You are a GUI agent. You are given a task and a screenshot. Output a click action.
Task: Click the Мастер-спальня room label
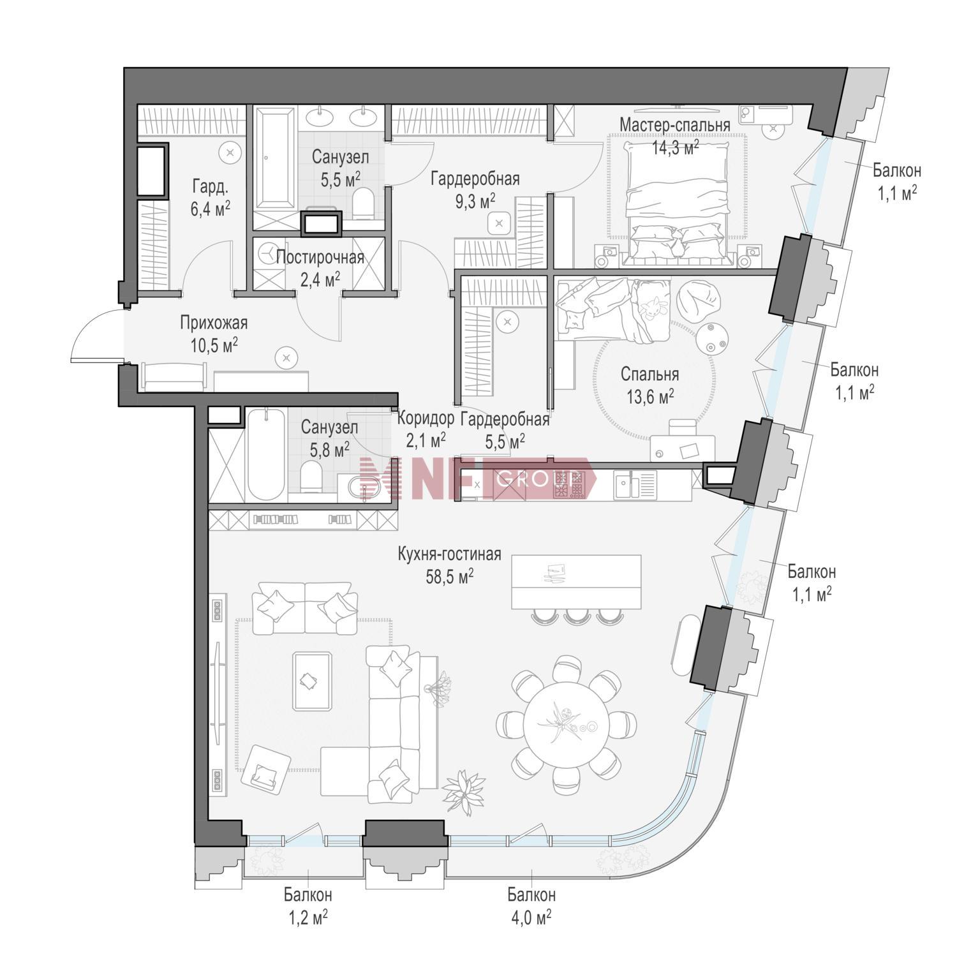point(675,124)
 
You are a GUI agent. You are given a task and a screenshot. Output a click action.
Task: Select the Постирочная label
point(320,258)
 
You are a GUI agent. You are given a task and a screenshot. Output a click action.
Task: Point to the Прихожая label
point(214,323)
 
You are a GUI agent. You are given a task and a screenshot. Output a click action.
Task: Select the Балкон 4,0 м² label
point(531,906)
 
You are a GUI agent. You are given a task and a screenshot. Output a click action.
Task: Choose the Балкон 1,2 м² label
point(308,906)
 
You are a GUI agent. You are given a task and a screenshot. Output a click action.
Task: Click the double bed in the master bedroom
point(678,201)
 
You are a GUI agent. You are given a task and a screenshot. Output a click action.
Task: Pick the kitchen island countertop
point(577,581)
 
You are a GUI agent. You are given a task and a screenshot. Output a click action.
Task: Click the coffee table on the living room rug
point(311,681)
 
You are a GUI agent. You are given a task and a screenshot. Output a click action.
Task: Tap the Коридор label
point(426,419)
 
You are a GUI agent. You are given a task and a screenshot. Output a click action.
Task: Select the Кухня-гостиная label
point(450,554)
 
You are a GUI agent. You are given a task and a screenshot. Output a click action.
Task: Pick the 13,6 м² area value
point(650,397)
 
